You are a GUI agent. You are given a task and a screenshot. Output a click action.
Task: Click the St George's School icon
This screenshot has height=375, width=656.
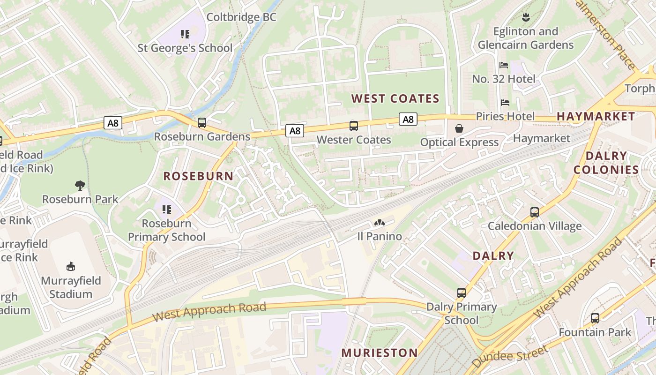click(x=185, y=34)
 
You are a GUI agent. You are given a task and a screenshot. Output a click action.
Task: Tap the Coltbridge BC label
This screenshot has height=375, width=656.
click(x=241, y=17)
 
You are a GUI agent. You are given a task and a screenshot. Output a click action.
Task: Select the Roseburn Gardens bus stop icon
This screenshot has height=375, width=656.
click(x=202, y=123)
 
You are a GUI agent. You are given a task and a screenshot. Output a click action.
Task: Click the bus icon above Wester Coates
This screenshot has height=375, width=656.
click(x=354, y=126)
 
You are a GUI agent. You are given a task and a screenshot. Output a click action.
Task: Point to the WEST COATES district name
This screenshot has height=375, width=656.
click(x=395, y=98)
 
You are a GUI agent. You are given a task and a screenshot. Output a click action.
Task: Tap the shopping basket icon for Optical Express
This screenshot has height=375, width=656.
click(x=459, y=128)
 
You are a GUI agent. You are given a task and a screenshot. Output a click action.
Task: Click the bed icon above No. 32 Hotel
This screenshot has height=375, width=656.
click(x=504, y=65)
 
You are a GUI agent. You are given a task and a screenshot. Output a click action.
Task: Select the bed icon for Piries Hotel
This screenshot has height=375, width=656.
click(x=505, y=103)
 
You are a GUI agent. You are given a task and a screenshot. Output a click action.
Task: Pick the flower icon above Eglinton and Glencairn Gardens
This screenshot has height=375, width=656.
click(x=525, y=18)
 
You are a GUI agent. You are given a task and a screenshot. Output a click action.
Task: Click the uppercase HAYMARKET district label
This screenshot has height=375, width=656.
click(x=596, y=116)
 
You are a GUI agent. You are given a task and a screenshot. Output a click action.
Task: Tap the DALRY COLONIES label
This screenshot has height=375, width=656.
click(x=606, y=163)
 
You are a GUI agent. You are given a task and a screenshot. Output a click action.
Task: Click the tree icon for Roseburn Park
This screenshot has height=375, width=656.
click(x=80, y=186)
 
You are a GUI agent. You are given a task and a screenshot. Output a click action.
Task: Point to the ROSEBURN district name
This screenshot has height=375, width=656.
click(x=198, y=176)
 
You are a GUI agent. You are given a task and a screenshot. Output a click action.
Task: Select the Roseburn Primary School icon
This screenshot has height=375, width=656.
click(x=166, y=210)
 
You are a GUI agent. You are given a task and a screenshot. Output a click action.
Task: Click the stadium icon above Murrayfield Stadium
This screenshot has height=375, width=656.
click(x=71, y=267)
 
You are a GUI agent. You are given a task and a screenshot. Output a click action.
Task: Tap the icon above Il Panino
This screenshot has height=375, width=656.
click(x=379, y=223)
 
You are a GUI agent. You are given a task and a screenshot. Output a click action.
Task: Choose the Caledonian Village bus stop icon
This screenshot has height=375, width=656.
click(x=535, y=212)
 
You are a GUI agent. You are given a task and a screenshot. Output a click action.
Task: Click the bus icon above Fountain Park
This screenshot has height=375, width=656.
click(x=595, y=318)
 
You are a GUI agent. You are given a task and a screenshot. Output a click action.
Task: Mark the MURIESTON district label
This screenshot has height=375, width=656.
click(x=379, y=353)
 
